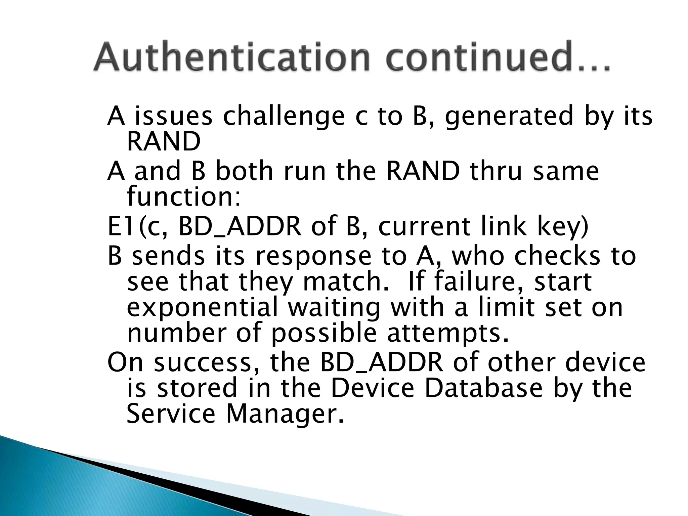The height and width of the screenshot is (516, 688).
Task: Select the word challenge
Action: point(284,116)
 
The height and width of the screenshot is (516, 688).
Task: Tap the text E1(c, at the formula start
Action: point(137,227)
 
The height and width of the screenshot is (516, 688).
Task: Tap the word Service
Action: point(171,414)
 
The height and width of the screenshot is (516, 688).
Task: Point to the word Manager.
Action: point(285,414)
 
